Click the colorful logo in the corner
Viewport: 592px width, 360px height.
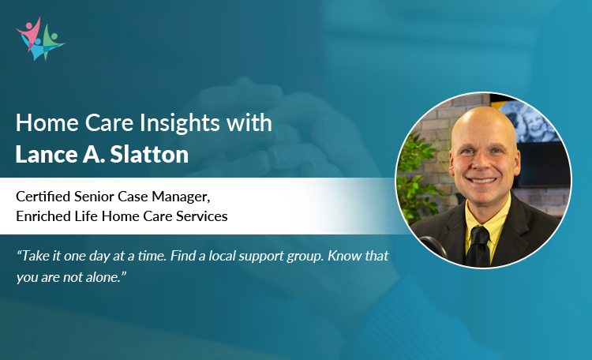[x=39, y=38]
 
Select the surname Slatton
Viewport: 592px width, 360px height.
[x=154, y=154]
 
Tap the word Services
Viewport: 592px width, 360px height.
[x=201, y=216]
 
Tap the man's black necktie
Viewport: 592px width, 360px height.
[x=480, y=249]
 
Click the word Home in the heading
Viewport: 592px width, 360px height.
[x=44, y=123]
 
